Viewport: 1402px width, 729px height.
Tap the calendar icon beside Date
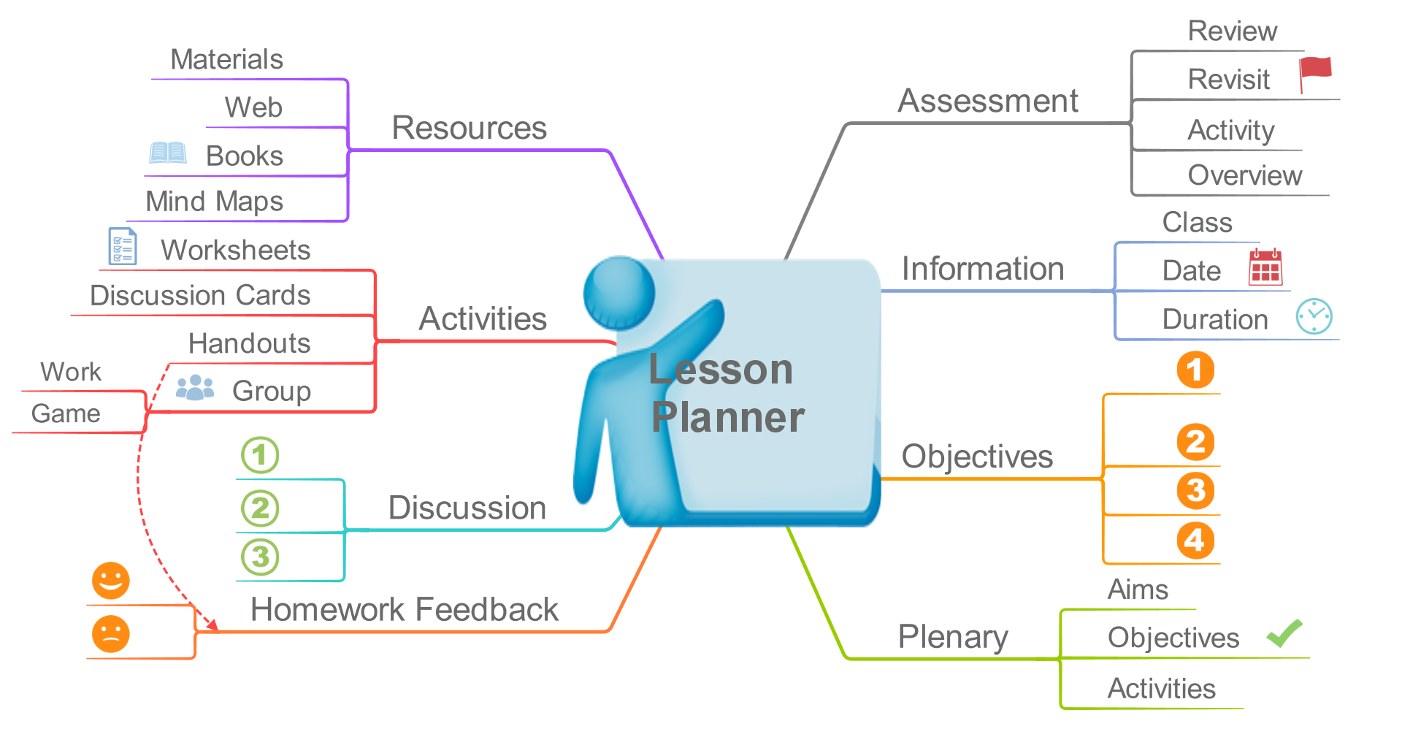coord(1265,267)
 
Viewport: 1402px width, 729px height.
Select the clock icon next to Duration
coord(1314,316)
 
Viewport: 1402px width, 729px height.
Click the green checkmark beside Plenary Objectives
coord(1284,633)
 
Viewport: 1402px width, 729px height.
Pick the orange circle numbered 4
coord(1195,541)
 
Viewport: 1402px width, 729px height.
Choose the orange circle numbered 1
coord(1195,370)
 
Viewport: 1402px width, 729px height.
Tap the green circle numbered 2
coord(260,508)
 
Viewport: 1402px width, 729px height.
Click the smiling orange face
coord(111,581)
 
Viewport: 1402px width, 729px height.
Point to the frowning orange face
coord(111,634)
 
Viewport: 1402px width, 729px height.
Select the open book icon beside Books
coord(168,153)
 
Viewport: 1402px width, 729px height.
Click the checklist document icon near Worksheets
coord(123,246)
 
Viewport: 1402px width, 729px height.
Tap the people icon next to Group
coord(195,388)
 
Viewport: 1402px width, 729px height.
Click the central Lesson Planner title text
coord(727,393)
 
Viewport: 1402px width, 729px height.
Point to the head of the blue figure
coord(619,293)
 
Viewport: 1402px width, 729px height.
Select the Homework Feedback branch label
coord(404,609)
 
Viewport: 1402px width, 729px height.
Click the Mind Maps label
coord(214,201)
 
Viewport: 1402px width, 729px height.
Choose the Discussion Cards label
coord(200,295)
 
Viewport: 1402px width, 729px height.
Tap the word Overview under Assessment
coord(1245,175)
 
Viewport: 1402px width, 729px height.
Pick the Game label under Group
coord(66,413)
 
